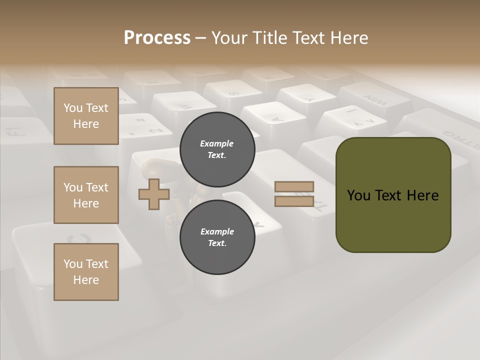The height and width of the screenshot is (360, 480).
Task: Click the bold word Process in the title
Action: [157, 37]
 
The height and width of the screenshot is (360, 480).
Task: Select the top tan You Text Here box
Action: [86, 116]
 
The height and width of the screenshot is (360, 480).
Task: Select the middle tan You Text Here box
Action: [86, 195]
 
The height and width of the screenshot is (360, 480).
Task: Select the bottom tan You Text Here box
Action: [86, 272]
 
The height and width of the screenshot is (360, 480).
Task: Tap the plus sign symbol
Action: [154, 194]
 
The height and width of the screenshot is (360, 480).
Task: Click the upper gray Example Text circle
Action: [217, 149]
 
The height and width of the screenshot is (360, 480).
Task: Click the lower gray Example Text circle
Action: [217, 237]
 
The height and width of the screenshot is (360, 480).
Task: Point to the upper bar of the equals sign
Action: [294, 186]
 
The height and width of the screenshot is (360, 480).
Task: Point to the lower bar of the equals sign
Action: [294, 201]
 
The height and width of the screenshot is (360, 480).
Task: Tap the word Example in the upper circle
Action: [217, 143]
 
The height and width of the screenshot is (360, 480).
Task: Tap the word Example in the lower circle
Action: [217, 231]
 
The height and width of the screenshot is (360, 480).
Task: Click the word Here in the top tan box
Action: [86, 124]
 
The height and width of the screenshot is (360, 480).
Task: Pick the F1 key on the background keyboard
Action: [15, 131]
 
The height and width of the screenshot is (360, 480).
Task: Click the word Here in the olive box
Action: [423, 195]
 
